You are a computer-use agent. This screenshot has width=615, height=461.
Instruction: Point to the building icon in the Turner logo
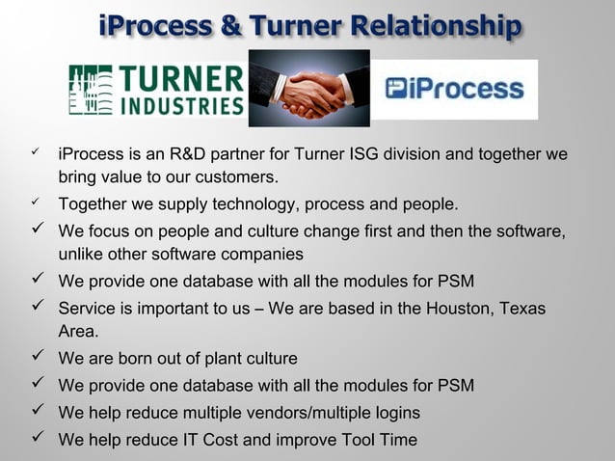tap(91, 90)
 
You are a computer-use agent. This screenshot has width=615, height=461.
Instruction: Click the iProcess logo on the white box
tap(454, 90)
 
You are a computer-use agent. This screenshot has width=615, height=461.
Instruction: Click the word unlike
tap(80, 255)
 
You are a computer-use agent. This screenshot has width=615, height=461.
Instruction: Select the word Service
tap(86, 309)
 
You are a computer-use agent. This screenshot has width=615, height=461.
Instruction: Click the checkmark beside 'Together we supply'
tap(37, 203)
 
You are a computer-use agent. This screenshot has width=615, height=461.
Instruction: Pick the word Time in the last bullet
tap(397, 440)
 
